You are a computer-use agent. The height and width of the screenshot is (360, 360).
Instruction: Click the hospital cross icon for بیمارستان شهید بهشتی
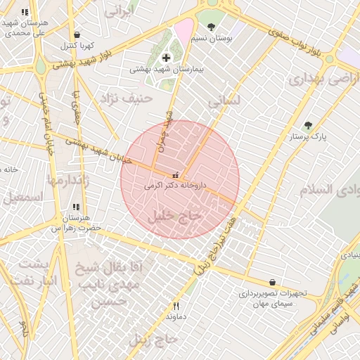point(166,58)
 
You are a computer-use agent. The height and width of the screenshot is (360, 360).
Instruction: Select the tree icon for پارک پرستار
point(308,126)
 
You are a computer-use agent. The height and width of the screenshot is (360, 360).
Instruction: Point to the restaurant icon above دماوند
point(176,306)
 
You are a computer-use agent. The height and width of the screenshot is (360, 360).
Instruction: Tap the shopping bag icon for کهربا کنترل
point(77,34)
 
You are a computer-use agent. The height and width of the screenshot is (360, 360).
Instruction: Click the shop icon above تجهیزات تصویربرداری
point(272,282)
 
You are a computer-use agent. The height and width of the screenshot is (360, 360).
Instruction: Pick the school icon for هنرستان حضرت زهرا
point(75,207)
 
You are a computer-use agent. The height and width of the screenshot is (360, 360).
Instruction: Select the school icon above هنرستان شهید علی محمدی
point(25,13)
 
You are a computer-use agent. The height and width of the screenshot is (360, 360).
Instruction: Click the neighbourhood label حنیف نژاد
point(126,98)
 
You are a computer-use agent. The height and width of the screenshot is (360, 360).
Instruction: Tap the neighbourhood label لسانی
point(224,101)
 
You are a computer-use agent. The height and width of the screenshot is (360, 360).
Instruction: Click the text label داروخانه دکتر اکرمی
point(175,186)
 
